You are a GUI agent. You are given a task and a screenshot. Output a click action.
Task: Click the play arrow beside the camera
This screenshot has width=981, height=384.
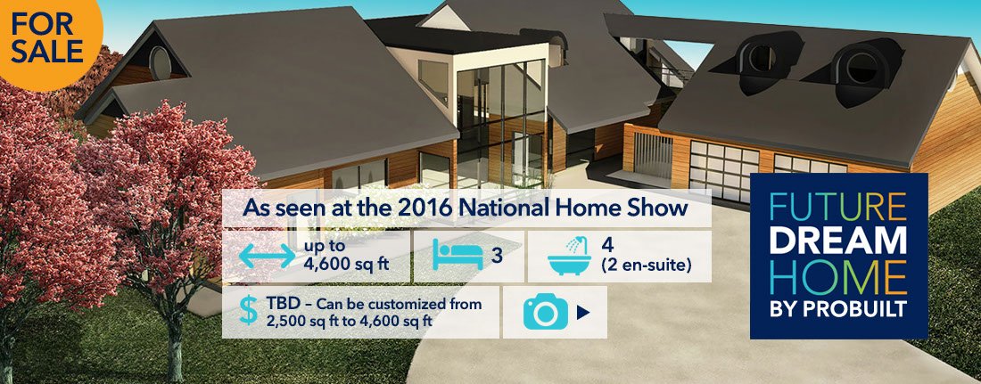583,313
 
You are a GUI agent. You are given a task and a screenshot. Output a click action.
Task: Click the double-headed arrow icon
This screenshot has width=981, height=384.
267,256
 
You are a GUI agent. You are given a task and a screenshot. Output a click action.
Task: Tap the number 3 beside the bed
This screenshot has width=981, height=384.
497,256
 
